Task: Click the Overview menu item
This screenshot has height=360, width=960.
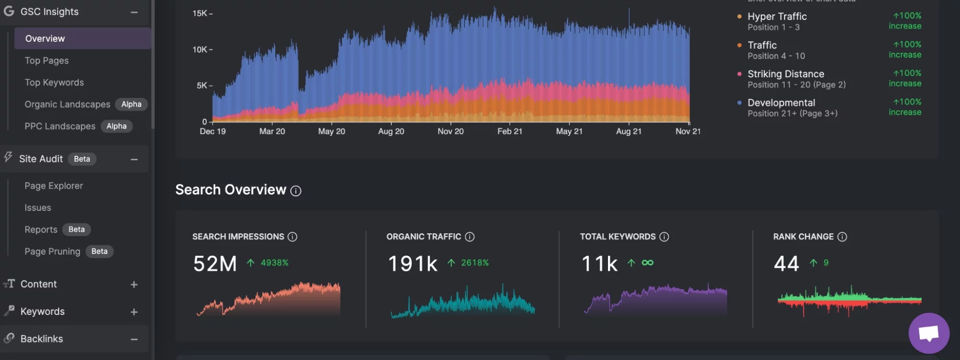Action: [x=45, y=38]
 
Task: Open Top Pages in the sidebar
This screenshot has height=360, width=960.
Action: [x=47, y=60]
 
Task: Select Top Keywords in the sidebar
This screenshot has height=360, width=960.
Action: [x=54, y=83]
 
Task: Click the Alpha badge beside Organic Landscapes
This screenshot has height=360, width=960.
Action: [x=131, y=104]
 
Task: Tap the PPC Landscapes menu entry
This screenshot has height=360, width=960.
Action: [x=60, y=126]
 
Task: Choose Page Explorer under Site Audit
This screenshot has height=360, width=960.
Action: [x=54, y=186]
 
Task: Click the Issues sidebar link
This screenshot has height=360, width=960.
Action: [x=38, y=208]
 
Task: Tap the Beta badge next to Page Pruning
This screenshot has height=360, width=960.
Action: [x=99, y=252]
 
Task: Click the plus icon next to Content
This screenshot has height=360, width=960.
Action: [x=134, y=285]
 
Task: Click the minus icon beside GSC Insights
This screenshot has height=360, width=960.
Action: [x=134, y=12]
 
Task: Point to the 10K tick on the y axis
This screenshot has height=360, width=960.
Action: [x=200, y=49]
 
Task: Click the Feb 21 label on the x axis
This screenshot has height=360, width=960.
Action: [x=510, y=131]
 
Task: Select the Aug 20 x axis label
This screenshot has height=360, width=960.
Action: [x=391, y=131]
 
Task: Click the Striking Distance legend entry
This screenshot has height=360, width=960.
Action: [x=786, y=74]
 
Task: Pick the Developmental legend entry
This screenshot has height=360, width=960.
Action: [x=781, y=103]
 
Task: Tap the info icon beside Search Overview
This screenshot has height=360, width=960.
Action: [x=296, y=191]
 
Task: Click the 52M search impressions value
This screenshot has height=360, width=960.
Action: [x=215, y=264]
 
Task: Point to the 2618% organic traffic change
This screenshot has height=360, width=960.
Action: [x=474, y=263]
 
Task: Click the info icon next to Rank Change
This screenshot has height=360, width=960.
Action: [x=842, y=237]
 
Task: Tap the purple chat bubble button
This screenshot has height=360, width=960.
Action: [x=928, y=333]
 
